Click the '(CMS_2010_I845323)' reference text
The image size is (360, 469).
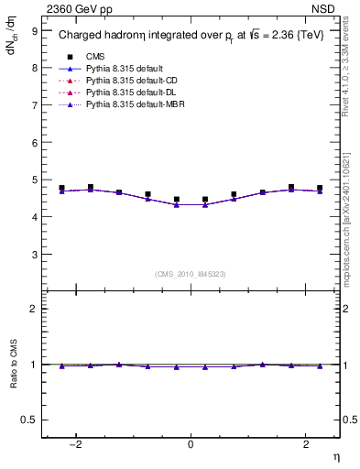(x=191, y=273)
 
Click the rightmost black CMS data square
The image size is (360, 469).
(x=320, y=188)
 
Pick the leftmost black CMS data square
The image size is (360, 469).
(x=61, y=188)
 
